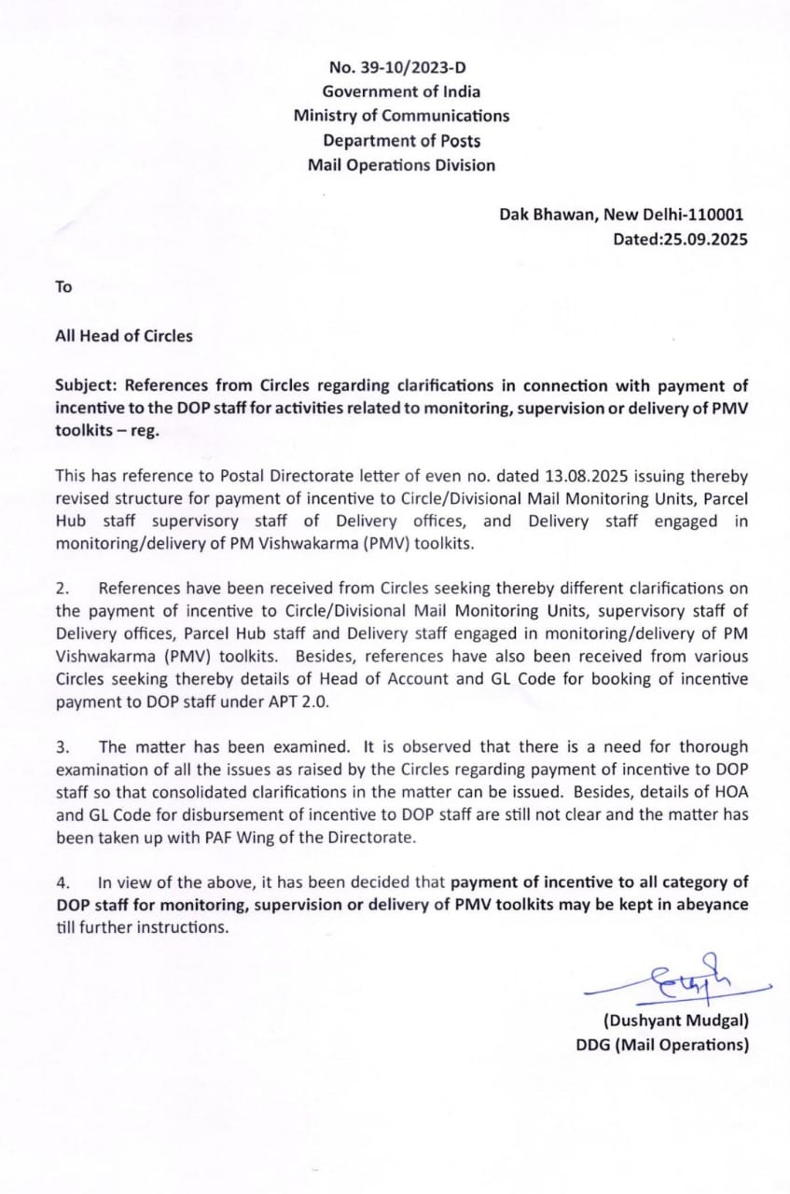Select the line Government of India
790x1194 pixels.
click(401, 91)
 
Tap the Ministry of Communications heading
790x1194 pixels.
click(401, 116)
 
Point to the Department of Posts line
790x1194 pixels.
click(401, 141)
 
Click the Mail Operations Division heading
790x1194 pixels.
click(401, 165)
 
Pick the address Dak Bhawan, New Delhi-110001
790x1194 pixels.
click(621, 215)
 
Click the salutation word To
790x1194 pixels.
click(63, 287)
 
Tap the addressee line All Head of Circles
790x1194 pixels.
click(124, 336)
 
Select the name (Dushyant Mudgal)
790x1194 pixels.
click(676, 1020)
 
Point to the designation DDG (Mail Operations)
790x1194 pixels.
click(662, 1045)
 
